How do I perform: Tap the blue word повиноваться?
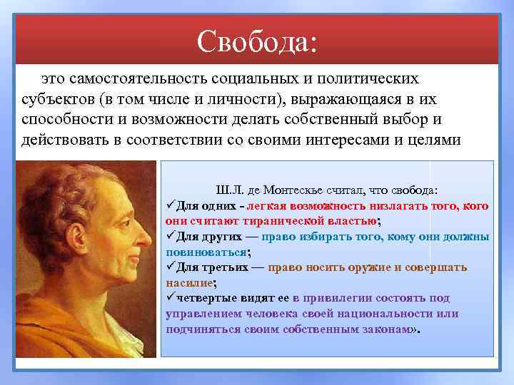[x=206, y=252]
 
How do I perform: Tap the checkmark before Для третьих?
[x=170, y=267]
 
